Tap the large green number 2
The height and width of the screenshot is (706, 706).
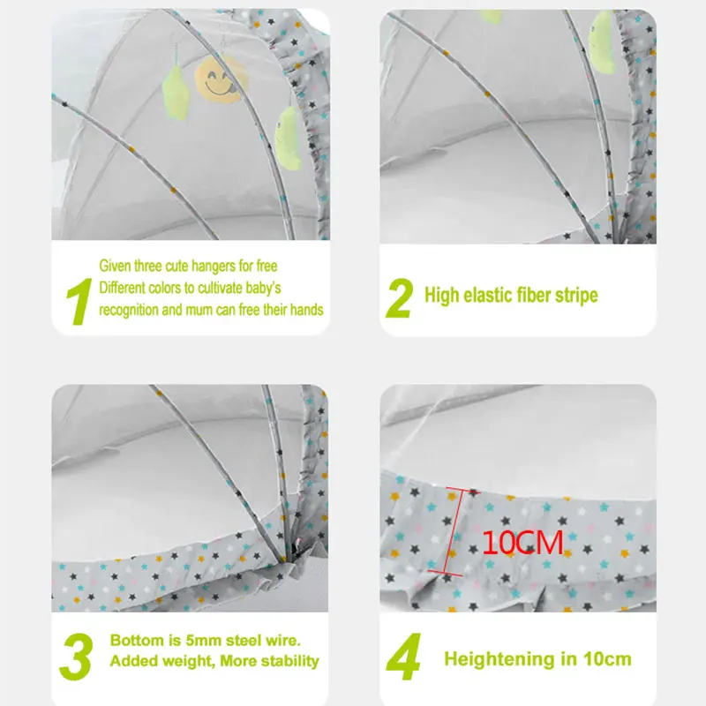point(400,297)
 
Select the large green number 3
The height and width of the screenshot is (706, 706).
point(77,654)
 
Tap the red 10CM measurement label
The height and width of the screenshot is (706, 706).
point(522,542)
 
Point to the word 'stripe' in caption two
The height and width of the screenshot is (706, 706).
point(574,295)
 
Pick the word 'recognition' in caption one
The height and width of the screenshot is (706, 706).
point(130,310)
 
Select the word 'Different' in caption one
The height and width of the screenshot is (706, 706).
point(123,288)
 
